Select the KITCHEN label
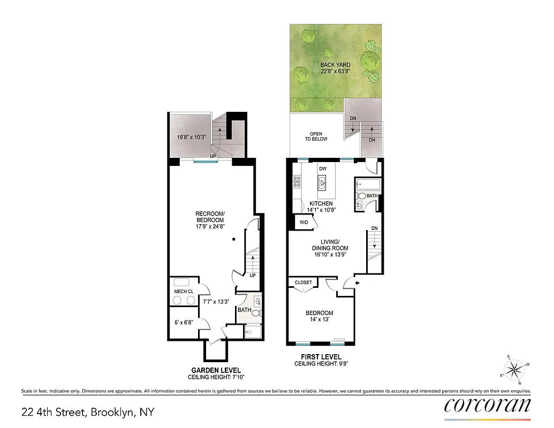321,204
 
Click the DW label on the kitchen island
322,169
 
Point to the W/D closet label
303,222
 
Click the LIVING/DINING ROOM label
330,248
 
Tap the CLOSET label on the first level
303,282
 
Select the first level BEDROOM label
319,313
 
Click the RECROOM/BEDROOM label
210,217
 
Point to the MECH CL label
184,291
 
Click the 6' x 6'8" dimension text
183,322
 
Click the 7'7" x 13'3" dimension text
216,302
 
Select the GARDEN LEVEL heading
216,370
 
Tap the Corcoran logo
488,406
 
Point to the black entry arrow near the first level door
358,283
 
